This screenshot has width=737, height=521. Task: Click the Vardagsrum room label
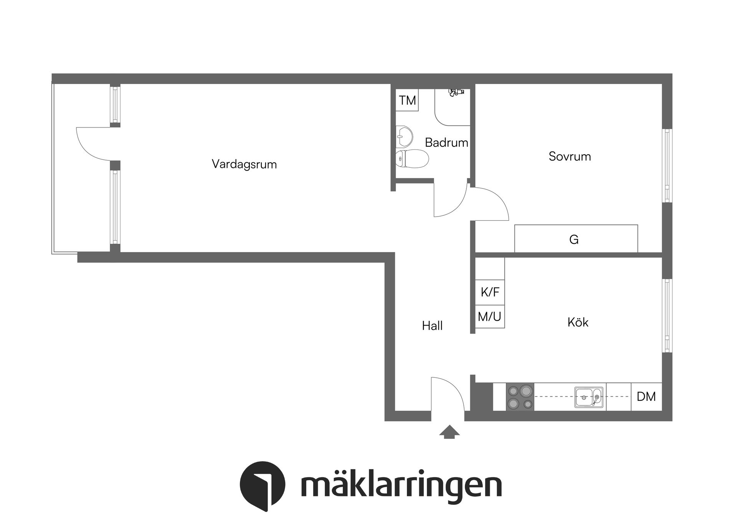coord(244,164)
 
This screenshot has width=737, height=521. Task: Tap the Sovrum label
coord(570,156)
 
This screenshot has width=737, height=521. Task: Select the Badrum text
coord(446,142)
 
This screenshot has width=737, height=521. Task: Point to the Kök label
coord(578,322)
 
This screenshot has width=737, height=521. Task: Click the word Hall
coord(432,326)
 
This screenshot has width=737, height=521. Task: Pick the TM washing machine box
coord(407,100)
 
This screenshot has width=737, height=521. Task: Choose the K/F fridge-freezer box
coord(490,292)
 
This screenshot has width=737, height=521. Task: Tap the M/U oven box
coord(490,317)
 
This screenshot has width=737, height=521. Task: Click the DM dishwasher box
coord(646,397)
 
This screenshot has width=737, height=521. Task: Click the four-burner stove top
coord(520,397)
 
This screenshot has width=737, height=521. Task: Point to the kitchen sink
coord(588,397)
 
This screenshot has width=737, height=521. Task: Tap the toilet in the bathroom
coord(411,158)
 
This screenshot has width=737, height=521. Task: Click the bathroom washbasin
coord(404,136)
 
